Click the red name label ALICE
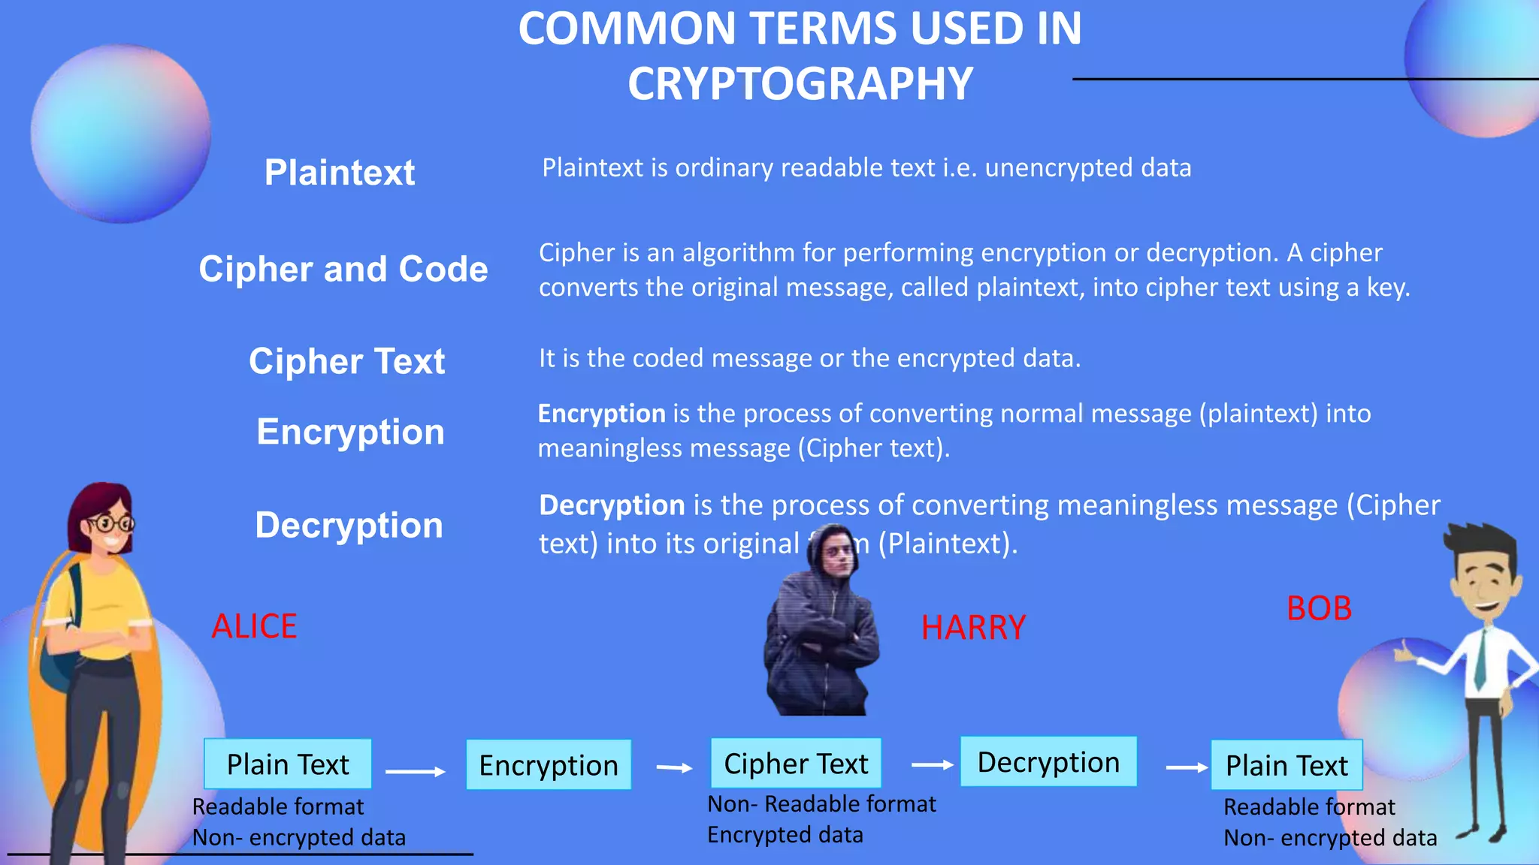254,626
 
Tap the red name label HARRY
973,628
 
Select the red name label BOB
1319,608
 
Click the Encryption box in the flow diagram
549,765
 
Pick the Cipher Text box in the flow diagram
796,764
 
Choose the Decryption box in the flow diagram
1048,762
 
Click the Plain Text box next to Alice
288,764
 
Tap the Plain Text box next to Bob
1287,765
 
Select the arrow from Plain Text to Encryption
416,771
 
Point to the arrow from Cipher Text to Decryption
932,764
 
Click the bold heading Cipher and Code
343,269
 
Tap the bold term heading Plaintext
340,173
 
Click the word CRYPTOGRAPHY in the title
800,83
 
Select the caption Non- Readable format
821,804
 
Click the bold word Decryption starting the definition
612,505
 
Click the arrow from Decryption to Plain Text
1187,767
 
